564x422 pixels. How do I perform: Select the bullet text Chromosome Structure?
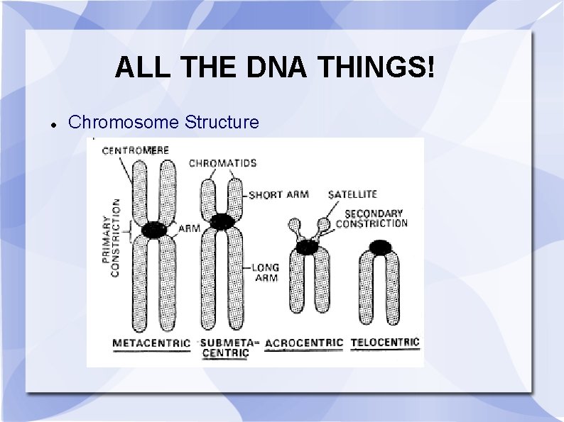click(163, 122)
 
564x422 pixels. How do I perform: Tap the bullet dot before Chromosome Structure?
click(53, 123)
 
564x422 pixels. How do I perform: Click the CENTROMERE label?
click(135, 150)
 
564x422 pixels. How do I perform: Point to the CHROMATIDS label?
click(222, 163)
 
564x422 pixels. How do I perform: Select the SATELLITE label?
click(352, 194)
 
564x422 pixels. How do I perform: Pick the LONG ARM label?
click(266, 272)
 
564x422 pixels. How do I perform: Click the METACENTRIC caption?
click(151, 343)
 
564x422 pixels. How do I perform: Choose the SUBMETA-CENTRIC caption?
click(226, 348)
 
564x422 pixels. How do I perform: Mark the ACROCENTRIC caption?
click(303, 343)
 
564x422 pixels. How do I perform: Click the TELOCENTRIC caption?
click(385, 343)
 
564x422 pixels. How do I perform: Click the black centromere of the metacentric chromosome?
click(154, 230)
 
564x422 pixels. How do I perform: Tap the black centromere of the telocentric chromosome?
click(381, 247)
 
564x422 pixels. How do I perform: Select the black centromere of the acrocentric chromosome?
click(307, 247)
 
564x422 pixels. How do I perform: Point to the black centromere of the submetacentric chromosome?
click(222, 221)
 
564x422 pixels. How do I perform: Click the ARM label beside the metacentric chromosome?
click(189, 228)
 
